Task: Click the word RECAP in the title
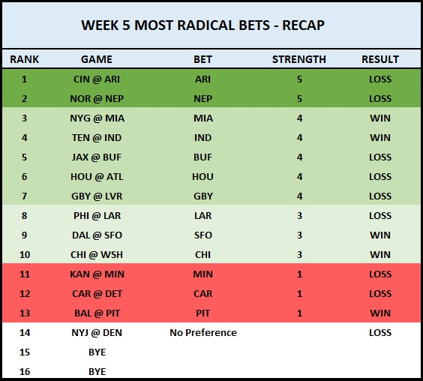[x=303, y=25]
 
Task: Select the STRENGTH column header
[x=299, y=59]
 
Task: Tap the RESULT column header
[x=380, y=59]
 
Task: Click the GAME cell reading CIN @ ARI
[x=97, y=79]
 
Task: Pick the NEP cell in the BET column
[x=202, y=99]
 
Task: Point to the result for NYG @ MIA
[x=380, y=118]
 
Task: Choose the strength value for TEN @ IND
[x=299, y=137]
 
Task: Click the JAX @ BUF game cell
[x=97, y=157]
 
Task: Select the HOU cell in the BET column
[x=202, y=177]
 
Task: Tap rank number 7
[x=24, y=196]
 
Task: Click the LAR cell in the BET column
[x=202, y=215]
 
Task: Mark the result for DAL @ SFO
[x=380, y=235]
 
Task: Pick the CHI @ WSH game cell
[x=97, y=255]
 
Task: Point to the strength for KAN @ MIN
[x=299, y=274]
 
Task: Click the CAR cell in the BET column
[x=202, y=293]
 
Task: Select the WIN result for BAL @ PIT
[x=380, y=313]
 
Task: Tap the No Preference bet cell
[x=203, y=333]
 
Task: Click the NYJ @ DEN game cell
[x=97, y=333]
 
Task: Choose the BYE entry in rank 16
[x=97, y=372]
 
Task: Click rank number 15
[x=25, y=352]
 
